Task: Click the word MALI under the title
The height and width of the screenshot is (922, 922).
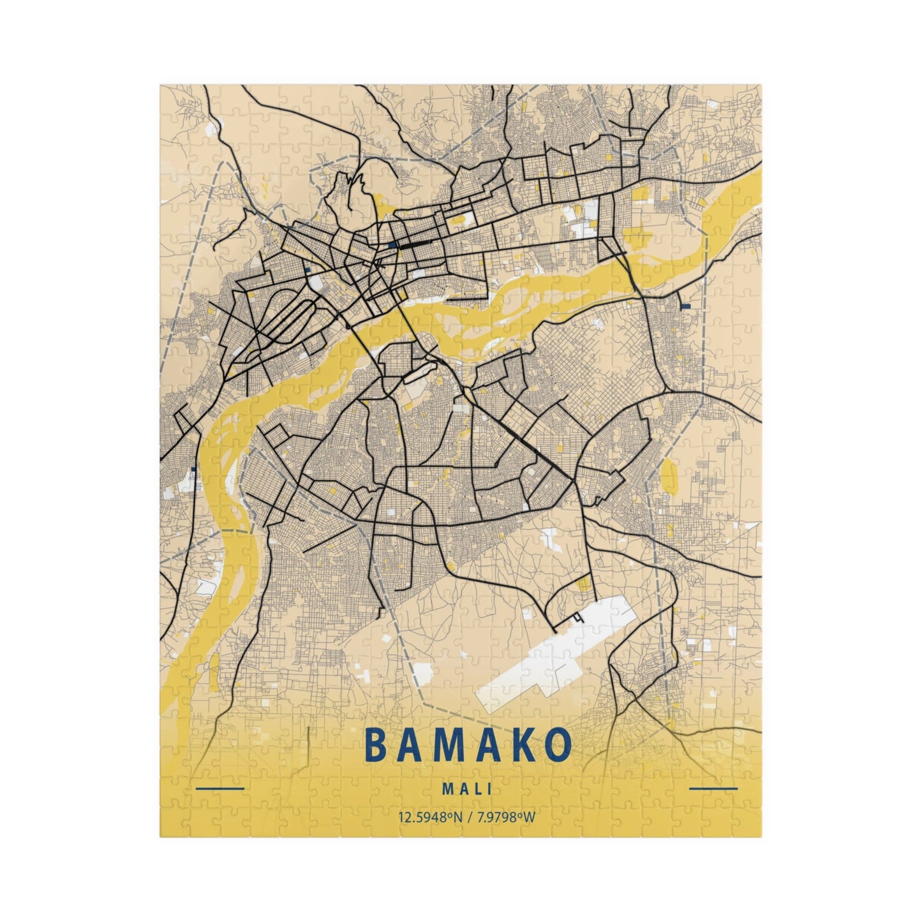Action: pos(466,789)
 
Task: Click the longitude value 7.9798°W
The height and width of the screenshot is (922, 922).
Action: pos(505,817)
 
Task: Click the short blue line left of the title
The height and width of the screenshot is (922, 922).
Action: pos(220,789)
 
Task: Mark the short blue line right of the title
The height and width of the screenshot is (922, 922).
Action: pos(713,789)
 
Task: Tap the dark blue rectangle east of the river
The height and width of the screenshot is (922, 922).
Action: pos(686,306)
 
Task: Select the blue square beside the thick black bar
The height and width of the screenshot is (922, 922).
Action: pos(390,244)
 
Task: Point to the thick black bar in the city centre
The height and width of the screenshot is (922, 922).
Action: pos(413,244)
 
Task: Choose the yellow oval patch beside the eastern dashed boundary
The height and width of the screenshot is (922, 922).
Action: pos(669,475)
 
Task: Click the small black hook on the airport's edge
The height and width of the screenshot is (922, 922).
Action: pos(579,618)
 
